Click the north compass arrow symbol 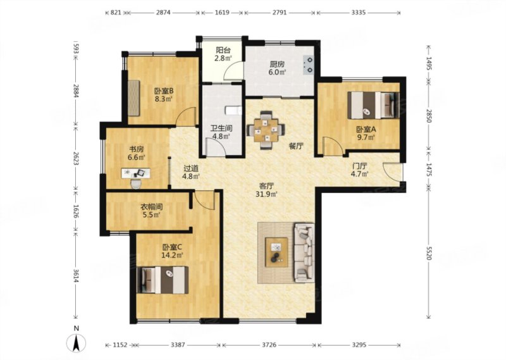[x=76, y=343]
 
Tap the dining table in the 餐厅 [x=266, y=130]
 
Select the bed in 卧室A [x=373, y=105]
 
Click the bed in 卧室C [x=163, y=280]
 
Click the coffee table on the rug [x=276, y=252]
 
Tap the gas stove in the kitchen [x=309, y=65]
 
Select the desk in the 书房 [x=136, y=173]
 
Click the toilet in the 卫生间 [x=233, y=111]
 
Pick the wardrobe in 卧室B [x=133, y=97]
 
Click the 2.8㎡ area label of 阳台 [x=223, y=58]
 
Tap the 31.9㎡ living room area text [x=266, y=194]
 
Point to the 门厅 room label [x=359, y=166]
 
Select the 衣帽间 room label [x=151, y=207]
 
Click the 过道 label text [x=191, y=168]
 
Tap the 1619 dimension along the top [x=222, y=13]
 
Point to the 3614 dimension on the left [x=76, y=276]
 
